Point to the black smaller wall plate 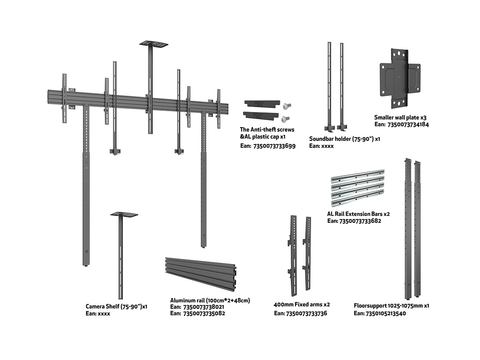coord(400,78)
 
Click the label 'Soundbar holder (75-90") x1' coord(344,139)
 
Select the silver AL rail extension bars coord(358,186)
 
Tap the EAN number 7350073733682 coord(360,221)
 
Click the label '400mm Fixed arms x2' coord(302,305)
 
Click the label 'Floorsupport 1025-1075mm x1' coord(391,306)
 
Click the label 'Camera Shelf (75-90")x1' coord(116,307)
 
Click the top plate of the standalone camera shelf coord(124,214)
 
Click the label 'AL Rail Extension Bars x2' coord(358,214)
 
